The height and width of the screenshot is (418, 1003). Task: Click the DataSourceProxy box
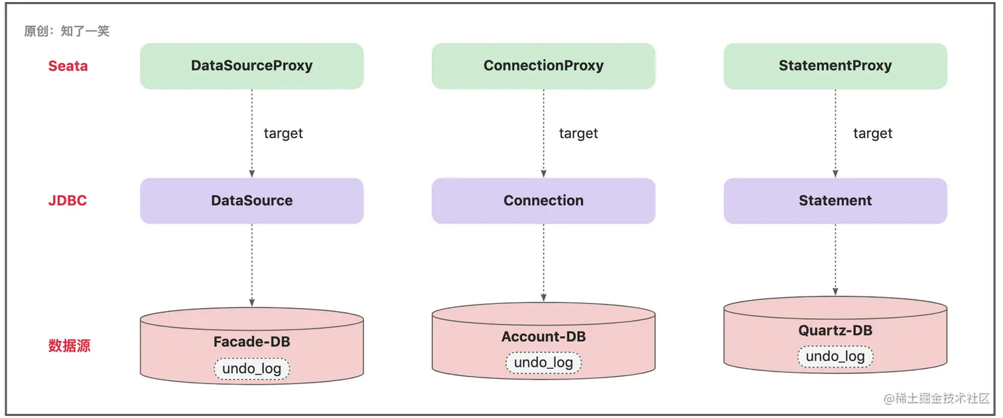(x=251, y=66)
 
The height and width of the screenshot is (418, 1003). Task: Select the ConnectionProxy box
(x=543, y=66)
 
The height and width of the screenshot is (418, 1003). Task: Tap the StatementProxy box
(x=835, y=66)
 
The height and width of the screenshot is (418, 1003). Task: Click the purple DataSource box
(x=251, y=201)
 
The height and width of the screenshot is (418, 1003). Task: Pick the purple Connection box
(x=543, y=201)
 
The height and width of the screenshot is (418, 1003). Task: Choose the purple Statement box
(x=835, y=201)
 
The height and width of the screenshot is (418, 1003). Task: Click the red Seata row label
(x=68, y=66)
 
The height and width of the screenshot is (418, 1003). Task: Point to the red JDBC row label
(x=68, y=200)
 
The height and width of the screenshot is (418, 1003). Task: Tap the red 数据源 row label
(x=70, y=346)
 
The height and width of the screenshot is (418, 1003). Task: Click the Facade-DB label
(x=251, y=342)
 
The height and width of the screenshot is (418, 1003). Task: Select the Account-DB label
(x=543, y=336)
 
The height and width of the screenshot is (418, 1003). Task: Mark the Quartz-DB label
(x=835, y=330)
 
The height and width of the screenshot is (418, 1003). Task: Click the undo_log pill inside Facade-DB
(x=251, y=369)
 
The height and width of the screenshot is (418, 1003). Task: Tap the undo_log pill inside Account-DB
(x=543, y=362)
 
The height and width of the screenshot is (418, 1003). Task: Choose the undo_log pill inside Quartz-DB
(x=835, y=356)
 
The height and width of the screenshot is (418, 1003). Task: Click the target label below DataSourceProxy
(x=283, y=133)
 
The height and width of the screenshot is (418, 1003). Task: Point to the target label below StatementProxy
(x=873, y=133)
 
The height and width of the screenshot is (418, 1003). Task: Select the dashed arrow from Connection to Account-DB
(x=543, y=263)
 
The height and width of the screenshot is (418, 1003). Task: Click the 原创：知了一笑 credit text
(x=67, y=31)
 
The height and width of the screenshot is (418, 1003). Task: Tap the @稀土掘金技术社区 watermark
(x=936, y=398)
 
